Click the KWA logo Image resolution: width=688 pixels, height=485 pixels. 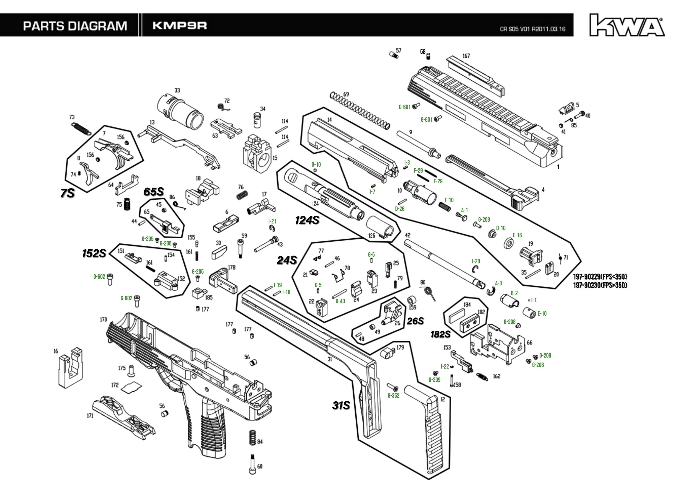pos(627,25)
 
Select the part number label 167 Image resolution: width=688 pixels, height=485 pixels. pos(466,56)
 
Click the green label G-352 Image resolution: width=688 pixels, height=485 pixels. pos(393,395)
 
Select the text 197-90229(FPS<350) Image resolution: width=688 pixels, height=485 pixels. pos(600,276)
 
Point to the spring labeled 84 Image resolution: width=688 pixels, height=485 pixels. pos(252,438)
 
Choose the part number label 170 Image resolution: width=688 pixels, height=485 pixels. pos(103,320)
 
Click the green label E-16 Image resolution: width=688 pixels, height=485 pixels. pos(517,235)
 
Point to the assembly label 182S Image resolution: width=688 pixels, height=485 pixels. pos(440,334)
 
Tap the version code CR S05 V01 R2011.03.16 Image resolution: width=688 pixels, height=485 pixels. pos(532,29)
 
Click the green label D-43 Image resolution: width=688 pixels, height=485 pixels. pos(340,301)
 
